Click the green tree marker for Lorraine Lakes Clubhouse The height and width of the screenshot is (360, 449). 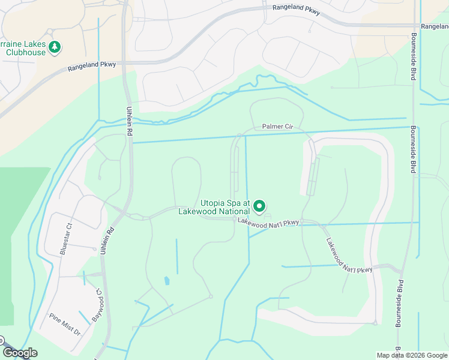[55, 47]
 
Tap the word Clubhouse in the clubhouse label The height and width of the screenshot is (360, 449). [25, 52]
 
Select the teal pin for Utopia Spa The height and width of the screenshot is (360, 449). [259, 206]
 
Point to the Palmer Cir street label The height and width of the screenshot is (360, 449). [277, 127]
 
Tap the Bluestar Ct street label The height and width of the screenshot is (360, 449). [65, 239]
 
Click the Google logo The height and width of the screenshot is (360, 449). [20, 353]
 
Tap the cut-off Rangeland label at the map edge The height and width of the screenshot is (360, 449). [435, 26]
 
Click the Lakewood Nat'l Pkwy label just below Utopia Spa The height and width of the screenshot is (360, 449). [268, 222]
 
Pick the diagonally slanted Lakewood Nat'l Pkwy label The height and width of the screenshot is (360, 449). [349, 256]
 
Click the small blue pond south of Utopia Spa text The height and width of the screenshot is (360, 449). [166, 280]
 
